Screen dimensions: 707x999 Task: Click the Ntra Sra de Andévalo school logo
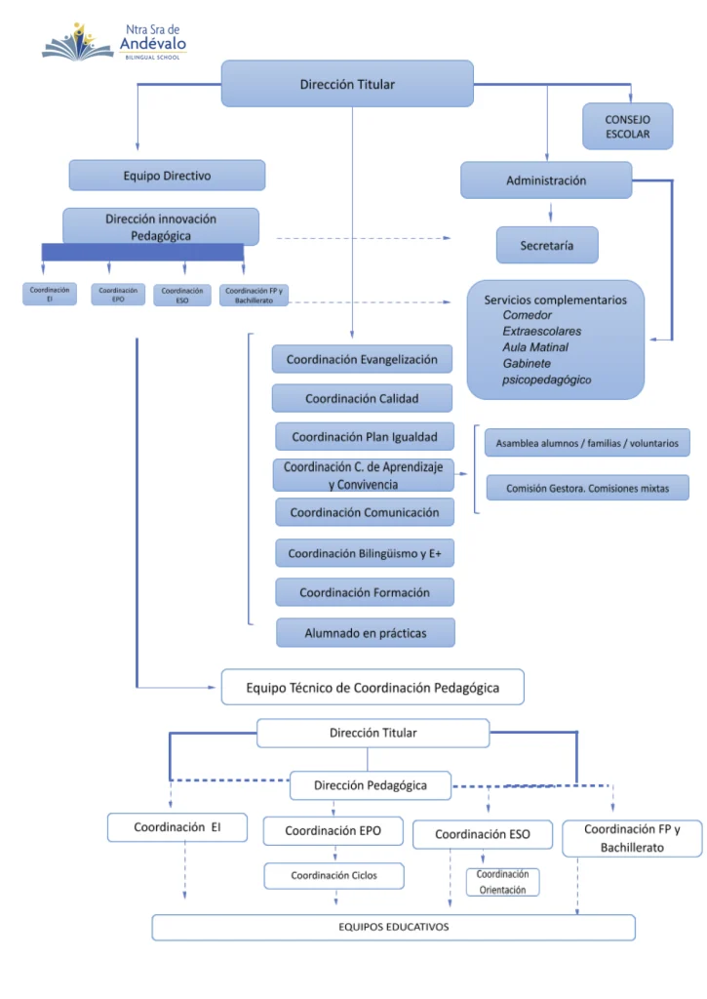[114, 42]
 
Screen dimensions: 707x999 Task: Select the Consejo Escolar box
[627, 126]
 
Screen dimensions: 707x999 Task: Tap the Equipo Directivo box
[167, 176]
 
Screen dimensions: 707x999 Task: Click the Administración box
[546, 180]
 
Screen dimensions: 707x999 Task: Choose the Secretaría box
[547, 245]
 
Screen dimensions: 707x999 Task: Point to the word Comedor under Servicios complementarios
[527, 315]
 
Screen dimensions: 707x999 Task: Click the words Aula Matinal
[535, 347]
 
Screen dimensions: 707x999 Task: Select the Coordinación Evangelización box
[362, 359]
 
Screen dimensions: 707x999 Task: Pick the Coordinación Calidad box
[362, 398]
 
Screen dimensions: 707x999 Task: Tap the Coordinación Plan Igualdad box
[365, 437]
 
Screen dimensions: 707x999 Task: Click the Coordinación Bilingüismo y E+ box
[365, 553]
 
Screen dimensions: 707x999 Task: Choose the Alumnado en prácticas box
[366, 632]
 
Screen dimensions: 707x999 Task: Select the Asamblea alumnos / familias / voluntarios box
[587, 443]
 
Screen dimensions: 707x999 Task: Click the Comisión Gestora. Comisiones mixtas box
[587, 488]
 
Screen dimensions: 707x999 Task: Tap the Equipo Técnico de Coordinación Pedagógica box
[373, 688]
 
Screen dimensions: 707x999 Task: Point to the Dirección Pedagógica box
[370, 785]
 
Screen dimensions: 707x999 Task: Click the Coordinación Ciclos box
[334, 875]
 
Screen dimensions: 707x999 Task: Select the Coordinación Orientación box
[502, 882]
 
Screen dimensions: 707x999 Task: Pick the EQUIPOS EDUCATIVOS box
[394, 927]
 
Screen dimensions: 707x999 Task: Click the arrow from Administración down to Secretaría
[550, 212]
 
